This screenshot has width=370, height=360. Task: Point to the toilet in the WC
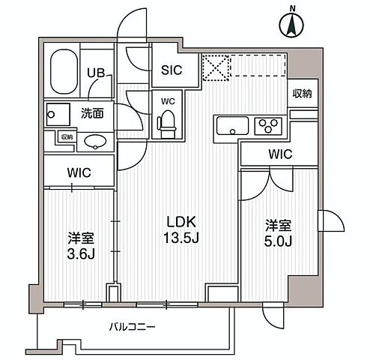coord(168,121)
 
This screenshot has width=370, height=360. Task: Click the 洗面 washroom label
coord(92,114)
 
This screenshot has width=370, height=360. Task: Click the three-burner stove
coord(267,125)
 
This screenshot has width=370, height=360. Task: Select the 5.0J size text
coord(276,242)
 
